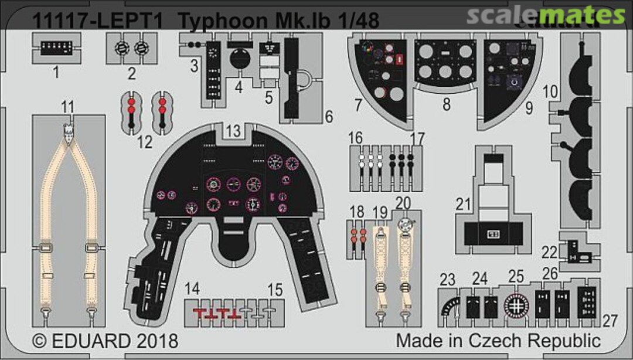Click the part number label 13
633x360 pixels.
tap(233, 132)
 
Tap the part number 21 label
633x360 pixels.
tap(464, 204)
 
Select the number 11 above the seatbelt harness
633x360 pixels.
tap(68, 107)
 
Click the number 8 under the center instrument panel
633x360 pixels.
tap(447, 105)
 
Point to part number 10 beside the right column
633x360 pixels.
tap(550, 91)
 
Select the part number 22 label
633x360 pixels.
tap(549, 252)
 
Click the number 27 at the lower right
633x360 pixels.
tap(610, 321)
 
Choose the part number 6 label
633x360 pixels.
tap(329, 117)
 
